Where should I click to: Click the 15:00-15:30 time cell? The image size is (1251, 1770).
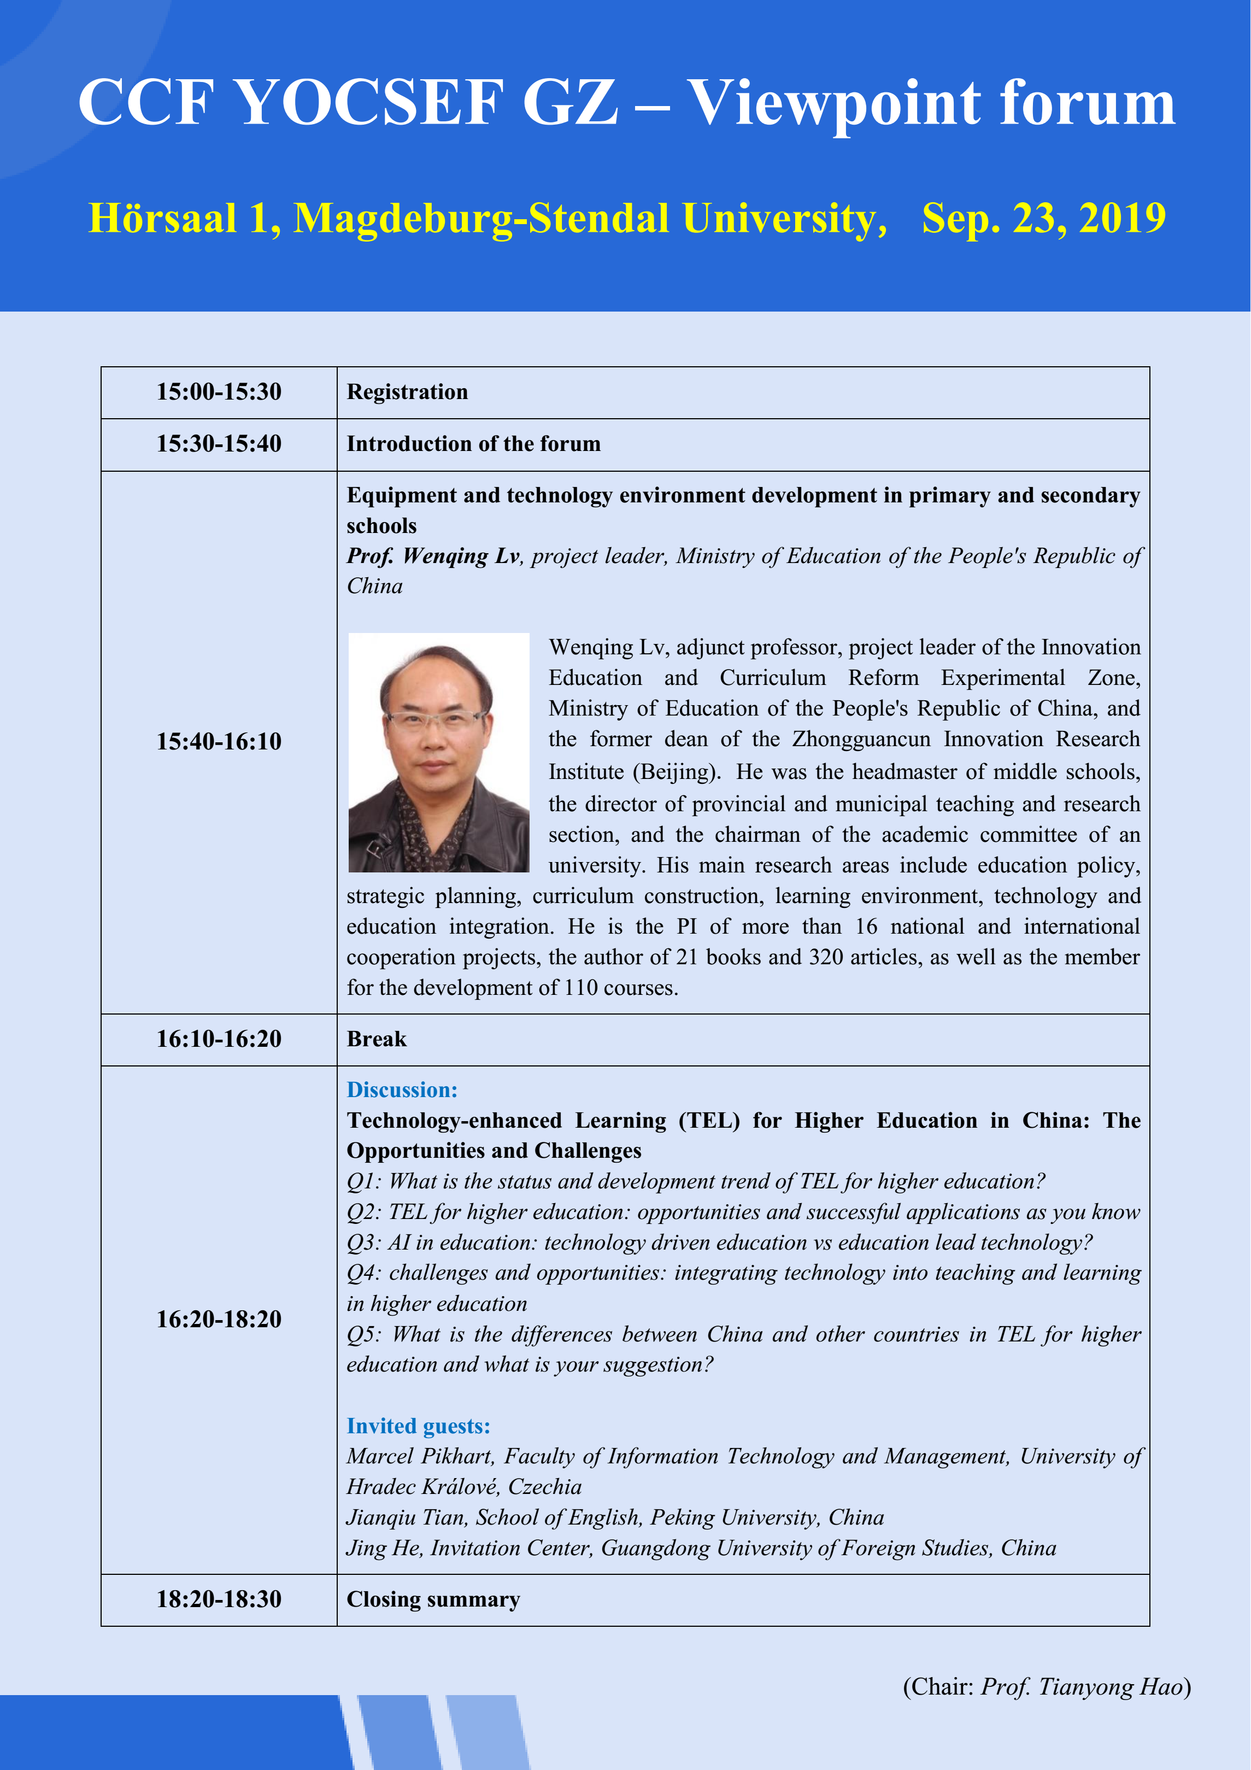[x=219, y=391]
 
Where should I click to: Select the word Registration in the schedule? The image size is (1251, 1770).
[x=407, y=391]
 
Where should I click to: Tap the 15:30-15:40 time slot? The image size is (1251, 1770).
[x=219, y=444]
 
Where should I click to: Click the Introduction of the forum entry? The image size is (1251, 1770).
[x=473, y=444]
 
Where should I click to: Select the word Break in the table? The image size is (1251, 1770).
[x=376, y=1039]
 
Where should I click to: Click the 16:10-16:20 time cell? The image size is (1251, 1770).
[x=219, y=1039]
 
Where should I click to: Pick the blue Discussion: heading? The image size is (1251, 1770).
[x=402, y=1090]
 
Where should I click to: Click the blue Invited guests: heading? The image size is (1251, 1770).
[x=418, y=1426]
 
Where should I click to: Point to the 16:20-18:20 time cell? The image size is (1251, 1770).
[x=219, y=1319]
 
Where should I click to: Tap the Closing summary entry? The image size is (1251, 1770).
[x=433, y=1599]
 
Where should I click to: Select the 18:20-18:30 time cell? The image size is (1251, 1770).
[x=219, y=1599]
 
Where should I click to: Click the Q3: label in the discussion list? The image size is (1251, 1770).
[x=364, y=1242]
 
